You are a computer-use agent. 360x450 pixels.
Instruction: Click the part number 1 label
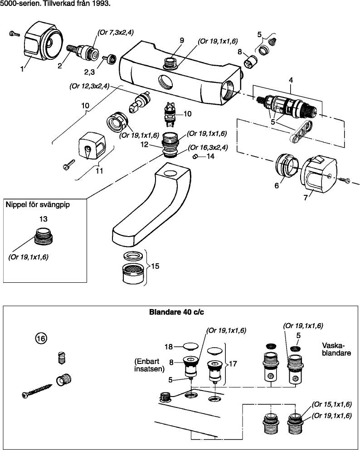click(x=22, y=69)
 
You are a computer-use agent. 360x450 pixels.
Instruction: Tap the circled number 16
click(x=41, y=338)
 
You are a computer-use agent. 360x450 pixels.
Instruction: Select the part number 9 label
click(x=181, y=41)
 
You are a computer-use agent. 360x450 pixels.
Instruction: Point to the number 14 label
click(x=210, y=156)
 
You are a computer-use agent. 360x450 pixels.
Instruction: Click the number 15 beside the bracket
click(x=155, y=266)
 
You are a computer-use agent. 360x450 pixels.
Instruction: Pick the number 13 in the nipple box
click(x=44, y=219)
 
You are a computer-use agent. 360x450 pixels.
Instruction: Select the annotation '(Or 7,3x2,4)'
click(x=116, y=32)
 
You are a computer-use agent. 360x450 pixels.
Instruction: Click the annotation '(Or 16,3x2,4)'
click(x=208, y=147)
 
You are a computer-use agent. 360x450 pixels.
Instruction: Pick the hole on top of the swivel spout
click(x=172, y=173)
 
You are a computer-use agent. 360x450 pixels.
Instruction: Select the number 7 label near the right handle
click(x=305, y=197)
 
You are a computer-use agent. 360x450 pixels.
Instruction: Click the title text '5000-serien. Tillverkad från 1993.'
click(x=55, y=4)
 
